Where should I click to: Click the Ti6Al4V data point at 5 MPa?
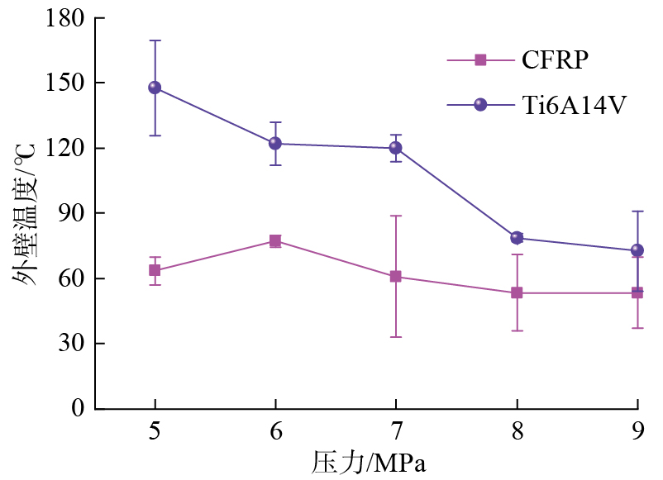coord(155,88)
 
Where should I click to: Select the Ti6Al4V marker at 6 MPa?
coord(274,143)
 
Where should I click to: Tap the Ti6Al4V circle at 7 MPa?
coord(395,148)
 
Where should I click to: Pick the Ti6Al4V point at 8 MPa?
coord(517,238)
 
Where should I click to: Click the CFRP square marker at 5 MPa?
coord(155,270)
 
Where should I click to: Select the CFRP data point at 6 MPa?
coord(274,241)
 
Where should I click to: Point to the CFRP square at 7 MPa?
coord(395,277)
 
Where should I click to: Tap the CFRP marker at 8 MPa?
coord(517,292)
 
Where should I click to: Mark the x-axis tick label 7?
coord(395,432)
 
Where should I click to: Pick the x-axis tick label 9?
coord(637,432)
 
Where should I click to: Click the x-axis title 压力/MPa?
coord(369,462)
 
